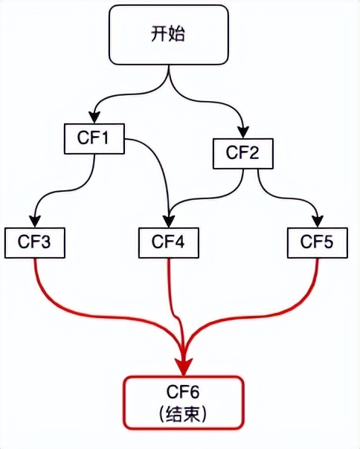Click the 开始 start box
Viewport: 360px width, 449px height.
(x=169, y=35)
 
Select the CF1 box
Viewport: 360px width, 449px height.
(x=94, y=138)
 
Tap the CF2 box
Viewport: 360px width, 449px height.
(x=242, y=153)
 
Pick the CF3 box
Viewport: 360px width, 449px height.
(x=35, y=242)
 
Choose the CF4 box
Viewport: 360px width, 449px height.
(x=169, y=242)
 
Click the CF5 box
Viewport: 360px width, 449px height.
(x=318, y=242)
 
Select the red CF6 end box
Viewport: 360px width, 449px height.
(x=184, y=403)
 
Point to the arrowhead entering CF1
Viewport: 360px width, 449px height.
(x=94, y=117)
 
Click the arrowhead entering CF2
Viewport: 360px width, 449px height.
(x=243, y=132)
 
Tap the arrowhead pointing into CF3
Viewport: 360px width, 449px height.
(x=35, y=221)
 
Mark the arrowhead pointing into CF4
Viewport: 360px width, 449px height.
(x=169, y=221)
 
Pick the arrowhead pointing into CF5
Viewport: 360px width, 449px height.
(x=318, y=221)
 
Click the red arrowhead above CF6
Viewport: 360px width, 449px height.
(x=184, y=367)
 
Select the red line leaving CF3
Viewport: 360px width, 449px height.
(x=94, y=316)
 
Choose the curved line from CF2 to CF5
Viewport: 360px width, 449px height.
(x=289, y=197)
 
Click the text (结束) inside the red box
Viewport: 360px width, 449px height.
(x=182, y=414)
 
